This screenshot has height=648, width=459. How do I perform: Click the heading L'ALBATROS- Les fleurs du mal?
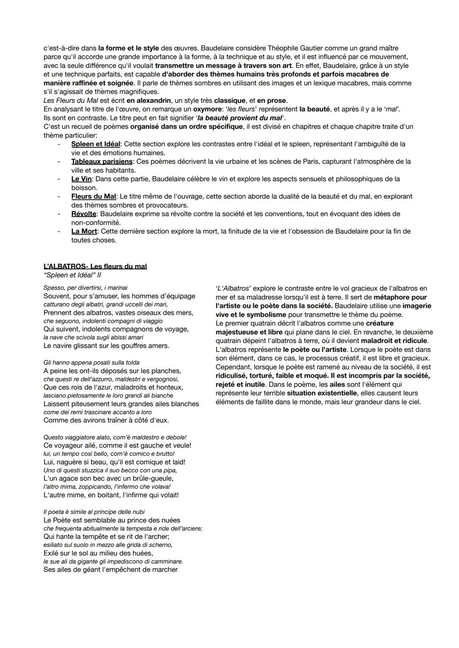click(x=95, y=266)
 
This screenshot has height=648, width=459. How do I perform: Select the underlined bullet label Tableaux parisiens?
click(x=102, y=161)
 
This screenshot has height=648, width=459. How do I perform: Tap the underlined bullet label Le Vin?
click(x=81, y=179)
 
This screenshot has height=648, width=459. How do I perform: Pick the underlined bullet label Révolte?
click(x=84, y=214)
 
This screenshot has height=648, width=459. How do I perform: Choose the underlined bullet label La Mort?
click(x=84, y=231)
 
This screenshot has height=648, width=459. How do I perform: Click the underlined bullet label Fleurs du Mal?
click(x=93, y=196)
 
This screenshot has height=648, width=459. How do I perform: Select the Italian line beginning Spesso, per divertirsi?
click(x=85, y=288)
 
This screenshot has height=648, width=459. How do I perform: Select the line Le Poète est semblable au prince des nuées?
click(x=112, y=520)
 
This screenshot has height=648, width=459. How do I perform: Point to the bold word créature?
click(x=380, y=323)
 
